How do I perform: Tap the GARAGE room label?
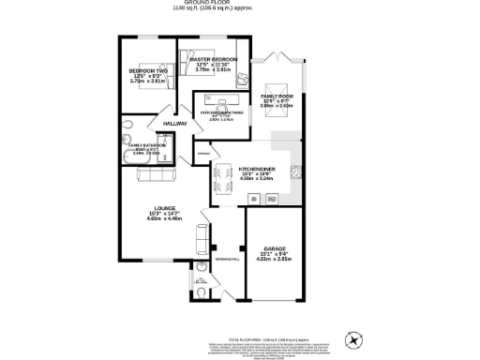click(274, 249)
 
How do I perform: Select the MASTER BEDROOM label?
click(213, 59)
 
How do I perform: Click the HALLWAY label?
click(175, 124)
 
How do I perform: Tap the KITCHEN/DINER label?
click(231, 167)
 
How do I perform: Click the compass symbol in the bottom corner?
click(355, 338)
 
